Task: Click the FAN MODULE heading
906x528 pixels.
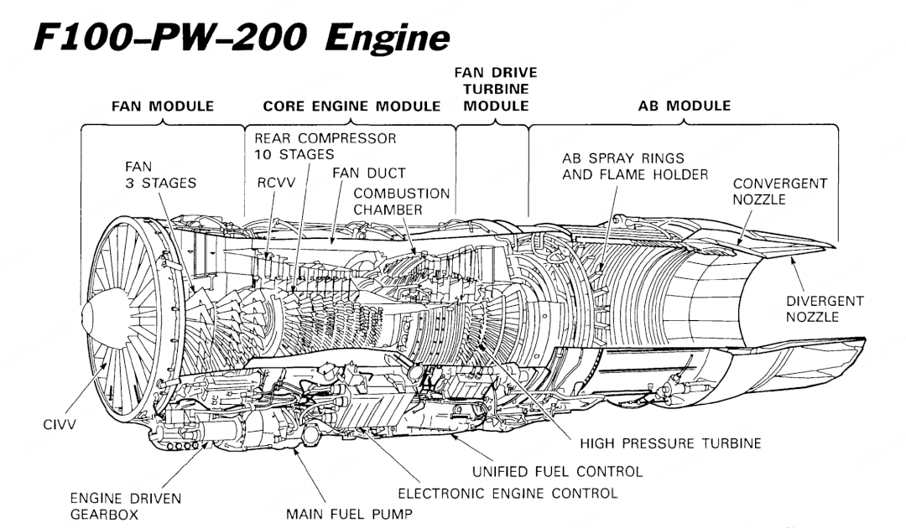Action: [x=163, y=106]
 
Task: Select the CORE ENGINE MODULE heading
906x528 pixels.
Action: [x=351, y=106]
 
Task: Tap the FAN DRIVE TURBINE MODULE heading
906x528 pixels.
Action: [x=496, y=92]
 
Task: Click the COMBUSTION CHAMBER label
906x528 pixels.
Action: [x=401, y=200]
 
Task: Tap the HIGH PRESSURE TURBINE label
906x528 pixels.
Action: [x=670, y=444]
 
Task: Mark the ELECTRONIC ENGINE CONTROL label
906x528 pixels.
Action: [x=507, y=493]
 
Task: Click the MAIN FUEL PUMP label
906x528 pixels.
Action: [x=349, y=513]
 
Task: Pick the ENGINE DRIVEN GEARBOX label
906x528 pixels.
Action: [x=126, y=505]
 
